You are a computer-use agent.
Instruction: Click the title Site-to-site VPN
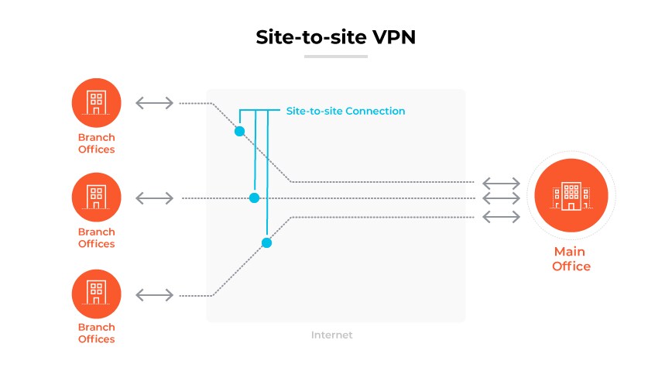[x=335, y=38]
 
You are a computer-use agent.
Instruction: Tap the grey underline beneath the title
[x=335, y=57]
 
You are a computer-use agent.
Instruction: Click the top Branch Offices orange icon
[x=96, y=102]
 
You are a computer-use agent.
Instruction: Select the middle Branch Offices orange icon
[x=96, y=197]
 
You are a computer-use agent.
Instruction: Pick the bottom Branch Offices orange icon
[x=96, y=293]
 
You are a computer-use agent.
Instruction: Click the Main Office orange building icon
[x=571, y=197]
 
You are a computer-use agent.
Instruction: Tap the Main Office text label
[x=571, y=259]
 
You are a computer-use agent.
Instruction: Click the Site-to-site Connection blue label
[x=345, y=111]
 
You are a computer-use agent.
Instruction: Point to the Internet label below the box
[x=331, y=335]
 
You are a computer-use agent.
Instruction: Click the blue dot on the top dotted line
[x=239, y=131]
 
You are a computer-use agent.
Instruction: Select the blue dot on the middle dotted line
[x=254, y=198]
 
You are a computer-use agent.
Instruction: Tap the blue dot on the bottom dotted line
[x=266, y=242]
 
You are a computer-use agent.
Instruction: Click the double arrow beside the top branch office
[x=155, y=103]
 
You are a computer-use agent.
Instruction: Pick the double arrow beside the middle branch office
[x=155, y=198]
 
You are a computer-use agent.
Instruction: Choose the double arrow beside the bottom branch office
[x=155, y=294]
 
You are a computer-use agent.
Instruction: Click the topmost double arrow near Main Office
[x=502, y=184]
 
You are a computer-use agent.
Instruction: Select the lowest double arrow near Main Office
[x=502, y=216]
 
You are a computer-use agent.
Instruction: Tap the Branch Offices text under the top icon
[x=96, y=143]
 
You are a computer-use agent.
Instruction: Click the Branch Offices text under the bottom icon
[x=96, y=333]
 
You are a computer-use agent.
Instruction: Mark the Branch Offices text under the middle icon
[x=96, y=238]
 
